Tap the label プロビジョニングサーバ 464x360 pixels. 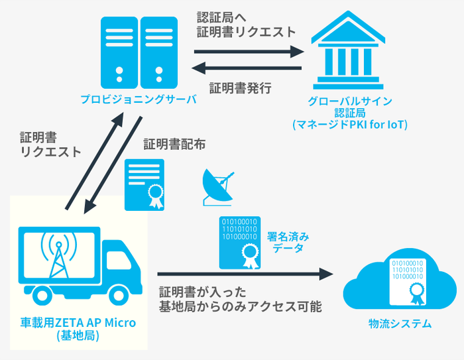point(139,99)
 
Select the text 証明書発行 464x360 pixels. point(241,88)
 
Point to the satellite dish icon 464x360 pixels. point(217,186)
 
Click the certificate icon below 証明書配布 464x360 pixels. point(145,184)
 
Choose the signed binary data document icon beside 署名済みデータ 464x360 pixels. point(239,241)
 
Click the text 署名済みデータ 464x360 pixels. point(288,241)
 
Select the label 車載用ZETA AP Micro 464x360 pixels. point(78,324)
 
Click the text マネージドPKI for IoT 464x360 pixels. point(349,124)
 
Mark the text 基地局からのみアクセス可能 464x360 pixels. point(239,306)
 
